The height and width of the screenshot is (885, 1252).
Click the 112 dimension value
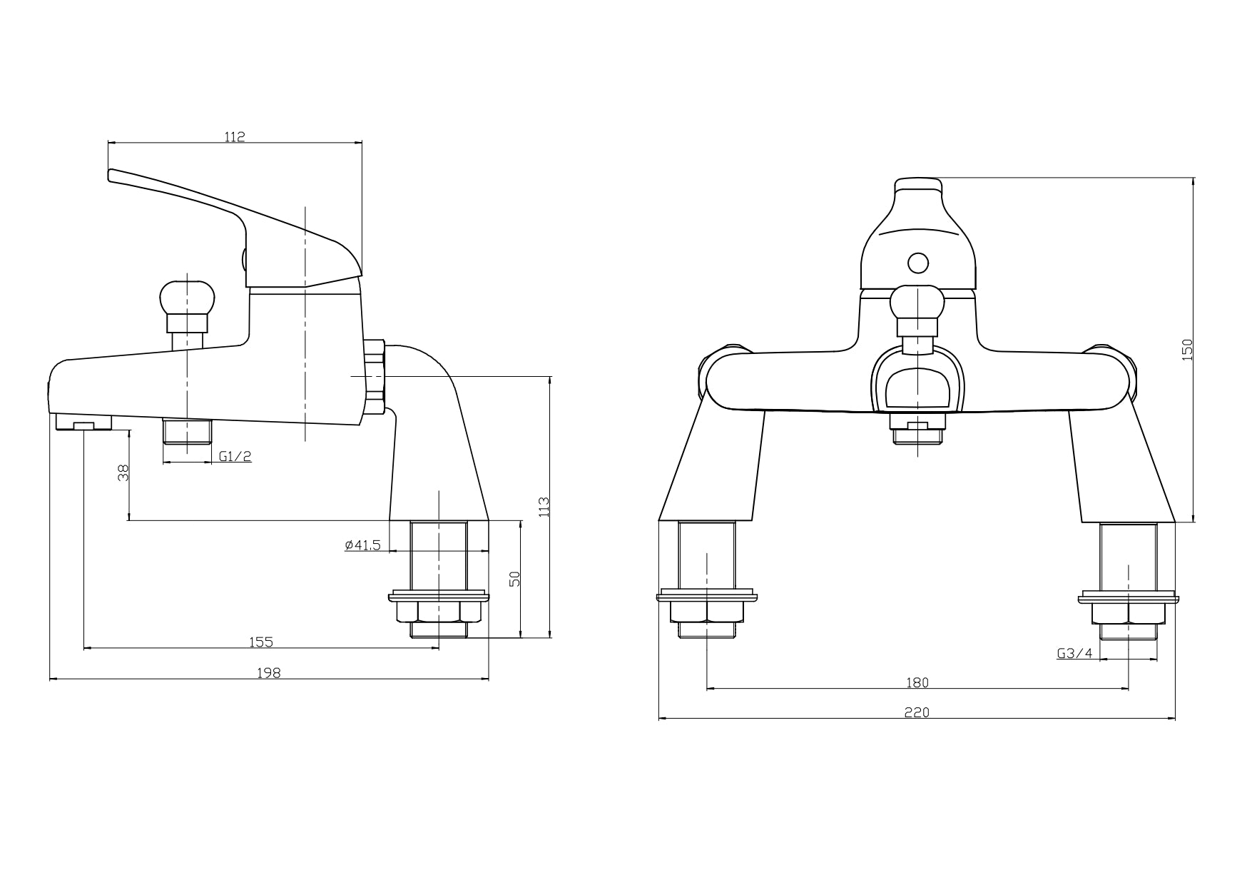[235, 137]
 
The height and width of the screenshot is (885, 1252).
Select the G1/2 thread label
[235, 456]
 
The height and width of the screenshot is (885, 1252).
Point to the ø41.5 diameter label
[363, 545]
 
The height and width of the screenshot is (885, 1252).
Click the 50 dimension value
[516, 578]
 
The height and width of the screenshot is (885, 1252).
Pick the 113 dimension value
[544, 507]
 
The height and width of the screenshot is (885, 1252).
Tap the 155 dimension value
[261, 642]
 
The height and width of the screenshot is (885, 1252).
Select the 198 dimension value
[270, 672]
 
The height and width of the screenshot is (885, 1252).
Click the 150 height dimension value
[1187, 350]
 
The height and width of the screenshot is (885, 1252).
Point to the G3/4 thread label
[1074, 652]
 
